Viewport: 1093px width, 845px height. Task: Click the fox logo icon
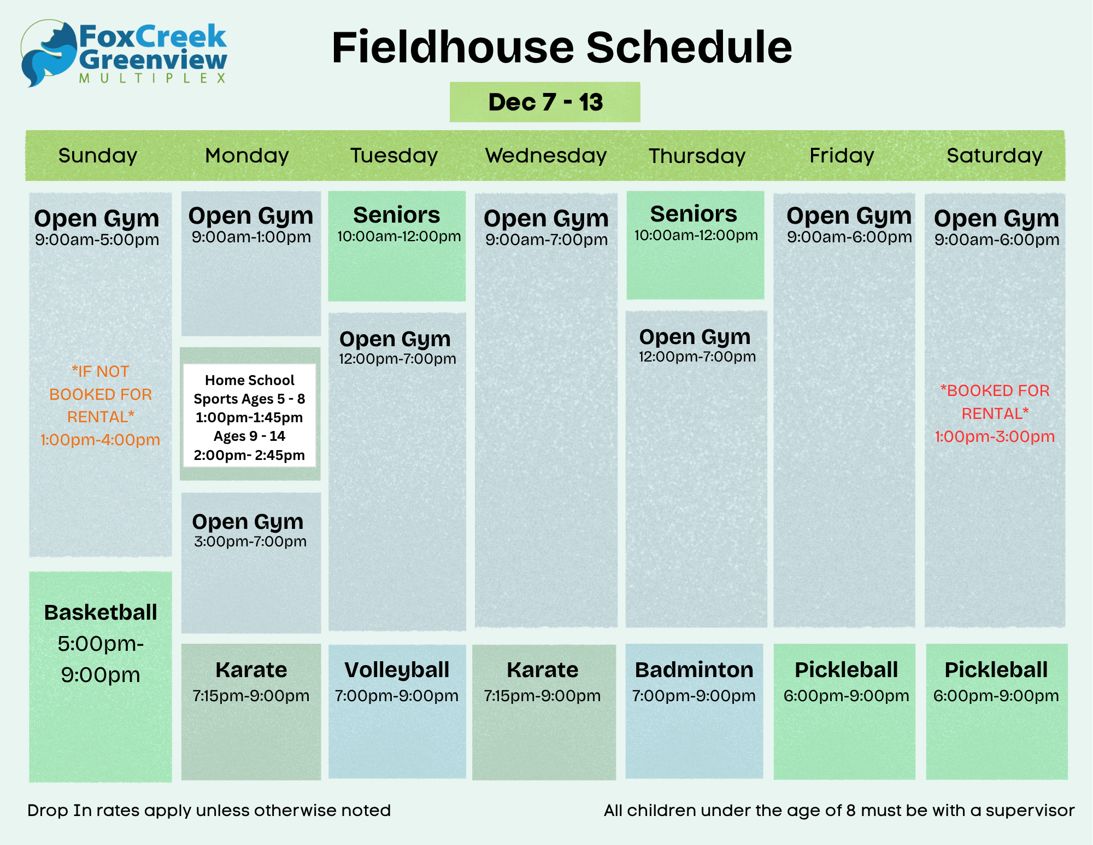(48, 54)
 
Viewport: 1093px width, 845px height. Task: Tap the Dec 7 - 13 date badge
(545, 102)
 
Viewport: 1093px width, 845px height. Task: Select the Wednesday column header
(546, 156)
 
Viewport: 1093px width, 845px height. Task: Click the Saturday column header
(995, 156)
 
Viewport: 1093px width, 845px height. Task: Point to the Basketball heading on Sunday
(101, 613)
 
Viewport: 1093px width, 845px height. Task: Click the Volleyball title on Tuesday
(397, 671)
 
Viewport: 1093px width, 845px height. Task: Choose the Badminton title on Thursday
(694, 670)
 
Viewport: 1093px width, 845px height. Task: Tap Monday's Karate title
(251, 670)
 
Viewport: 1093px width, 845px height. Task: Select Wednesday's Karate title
(543, 670)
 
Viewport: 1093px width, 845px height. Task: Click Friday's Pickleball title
(847, 670)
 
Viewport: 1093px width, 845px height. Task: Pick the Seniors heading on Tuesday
(397, 215)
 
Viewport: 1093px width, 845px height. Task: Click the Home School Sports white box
(250, 416)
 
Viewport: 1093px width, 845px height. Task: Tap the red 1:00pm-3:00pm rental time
(995, 436)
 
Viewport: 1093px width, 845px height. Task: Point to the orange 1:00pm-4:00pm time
(101, 440)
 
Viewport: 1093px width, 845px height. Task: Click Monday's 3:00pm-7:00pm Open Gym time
(250, 541)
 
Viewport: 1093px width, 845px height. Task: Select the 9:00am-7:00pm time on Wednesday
(546, 240)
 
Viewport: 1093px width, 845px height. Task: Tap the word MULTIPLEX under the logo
(152, 78)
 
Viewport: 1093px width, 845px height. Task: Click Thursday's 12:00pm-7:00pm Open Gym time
(697, 357)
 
